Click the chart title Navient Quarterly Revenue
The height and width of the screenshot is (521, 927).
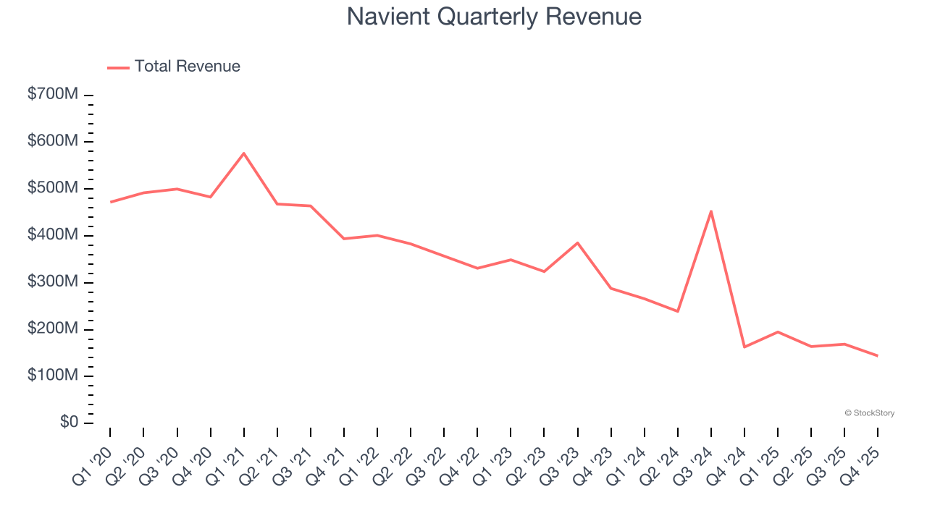click(494, 17)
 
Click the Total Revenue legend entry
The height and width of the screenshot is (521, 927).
click(174, 67)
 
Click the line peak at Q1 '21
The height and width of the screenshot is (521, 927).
click(243, 153)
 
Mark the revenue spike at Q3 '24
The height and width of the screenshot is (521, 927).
click(711, 211)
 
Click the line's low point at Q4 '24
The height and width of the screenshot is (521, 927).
click(744, 347)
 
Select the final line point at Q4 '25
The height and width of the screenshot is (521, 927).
click(878, 355)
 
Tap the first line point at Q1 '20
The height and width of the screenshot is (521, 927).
click(110, 202)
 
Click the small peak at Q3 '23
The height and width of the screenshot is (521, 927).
click(577, 242)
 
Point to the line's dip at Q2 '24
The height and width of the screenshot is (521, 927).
click(678, 311)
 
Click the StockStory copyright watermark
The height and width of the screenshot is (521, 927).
click(869, 413)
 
